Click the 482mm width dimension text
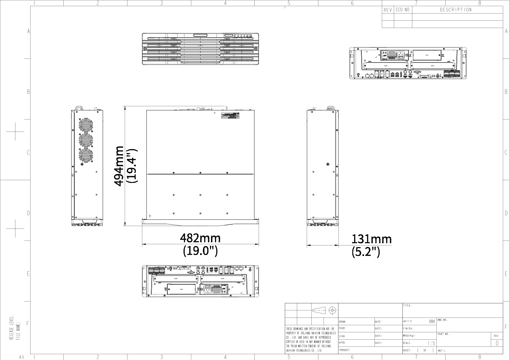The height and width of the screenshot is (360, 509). point(200,238)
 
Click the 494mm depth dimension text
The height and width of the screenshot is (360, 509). point(119,166)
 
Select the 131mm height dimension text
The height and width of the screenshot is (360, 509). point(371,239)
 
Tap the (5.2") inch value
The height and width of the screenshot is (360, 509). point(366,252)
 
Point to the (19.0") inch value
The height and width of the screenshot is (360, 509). point(200,251)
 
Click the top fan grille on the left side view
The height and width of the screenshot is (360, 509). point(86,125)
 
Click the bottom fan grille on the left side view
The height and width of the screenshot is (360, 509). point(86,156)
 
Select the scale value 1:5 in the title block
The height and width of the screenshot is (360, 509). point(431,343)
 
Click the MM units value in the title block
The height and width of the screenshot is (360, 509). point(432,322)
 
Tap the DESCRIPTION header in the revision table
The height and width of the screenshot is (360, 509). point(456,10)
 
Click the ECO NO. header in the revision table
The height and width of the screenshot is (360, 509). point(403,10)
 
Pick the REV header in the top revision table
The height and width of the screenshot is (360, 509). point(388,10)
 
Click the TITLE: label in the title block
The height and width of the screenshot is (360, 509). point(407,305)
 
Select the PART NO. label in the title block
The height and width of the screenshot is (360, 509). point(444,334)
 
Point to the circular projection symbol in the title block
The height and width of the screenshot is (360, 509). point(333,310)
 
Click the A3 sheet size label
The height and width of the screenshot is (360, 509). point(22,357)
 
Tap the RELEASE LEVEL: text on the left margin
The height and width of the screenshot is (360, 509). point(11,327)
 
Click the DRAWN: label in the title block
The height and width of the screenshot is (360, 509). point(342,322)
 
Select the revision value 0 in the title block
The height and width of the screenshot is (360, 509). point(497,343)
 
